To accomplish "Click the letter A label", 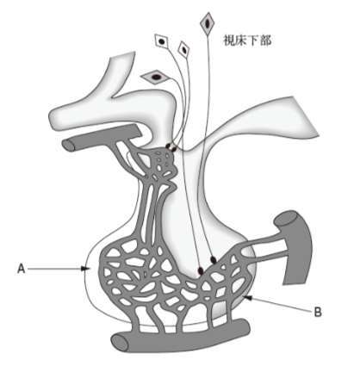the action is (22, 269).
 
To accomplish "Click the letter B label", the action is (318, 312).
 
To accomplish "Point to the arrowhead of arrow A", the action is (84, 269).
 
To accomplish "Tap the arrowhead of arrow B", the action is (249, 298).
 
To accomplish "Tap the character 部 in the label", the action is (265, 40).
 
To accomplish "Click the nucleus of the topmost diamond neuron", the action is (207, 24).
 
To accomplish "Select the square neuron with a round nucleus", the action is (162, 41).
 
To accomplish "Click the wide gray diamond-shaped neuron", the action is (156, 77).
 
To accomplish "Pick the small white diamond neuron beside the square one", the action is (183, 49).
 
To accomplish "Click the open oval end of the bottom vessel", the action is (119, 343).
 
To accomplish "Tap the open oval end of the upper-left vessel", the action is (69, 145).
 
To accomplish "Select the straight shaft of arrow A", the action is (54, 269).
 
